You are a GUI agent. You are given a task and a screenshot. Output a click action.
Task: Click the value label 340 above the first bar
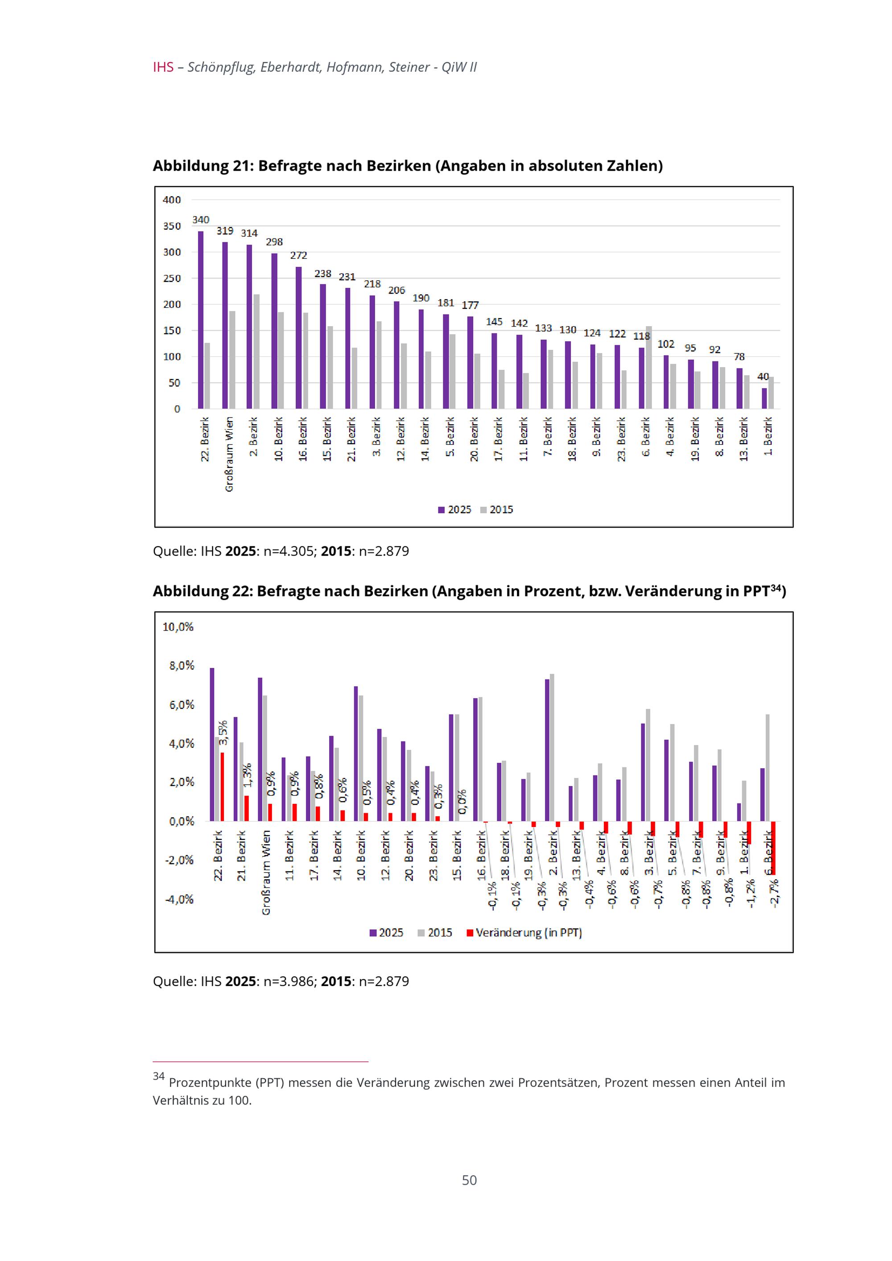pos(201,220)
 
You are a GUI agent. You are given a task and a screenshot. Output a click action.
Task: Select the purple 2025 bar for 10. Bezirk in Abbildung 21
pos(274,331)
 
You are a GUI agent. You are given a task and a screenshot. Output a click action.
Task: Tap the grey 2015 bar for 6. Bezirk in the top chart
pos(648,368)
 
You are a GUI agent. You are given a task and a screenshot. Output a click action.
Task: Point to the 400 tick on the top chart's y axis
pos(171,200)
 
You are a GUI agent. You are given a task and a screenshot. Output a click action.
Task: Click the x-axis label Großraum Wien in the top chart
pos(229,454)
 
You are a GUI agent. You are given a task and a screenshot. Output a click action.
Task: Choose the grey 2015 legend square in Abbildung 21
pos(483,510)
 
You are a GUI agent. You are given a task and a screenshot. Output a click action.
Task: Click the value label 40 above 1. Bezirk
pos(763,377)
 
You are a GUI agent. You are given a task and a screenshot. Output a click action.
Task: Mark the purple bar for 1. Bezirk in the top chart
pos(764,398)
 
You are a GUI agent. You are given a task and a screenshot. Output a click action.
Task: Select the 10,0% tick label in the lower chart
pos(178,626)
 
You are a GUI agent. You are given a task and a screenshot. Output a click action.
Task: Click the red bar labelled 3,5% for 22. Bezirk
pos(222,786)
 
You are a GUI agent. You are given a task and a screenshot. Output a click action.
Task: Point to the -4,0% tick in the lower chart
pos(179,899)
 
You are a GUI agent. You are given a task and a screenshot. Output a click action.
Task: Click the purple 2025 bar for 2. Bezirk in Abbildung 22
pos(547,750)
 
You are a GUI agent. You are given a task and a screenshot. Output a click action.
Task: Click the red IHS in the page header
pos(163,67)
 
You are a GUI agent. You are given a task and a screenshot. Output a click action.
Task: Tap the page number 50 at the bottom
pos(469,1180)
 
